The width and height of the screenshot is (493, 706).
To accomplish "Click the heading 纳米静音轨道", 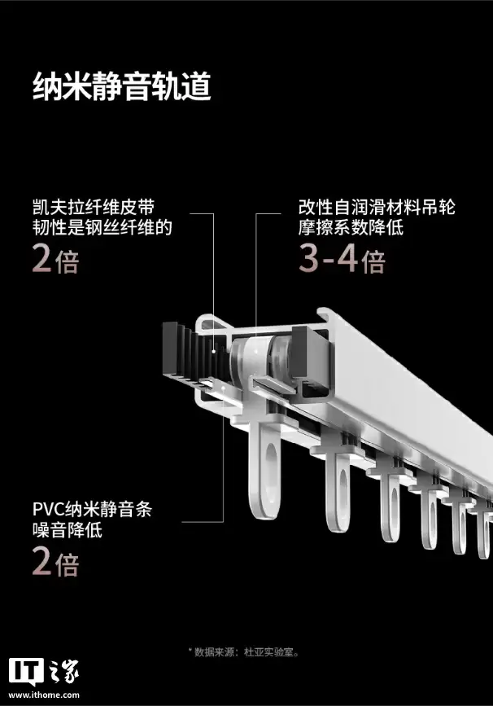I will point(121,87).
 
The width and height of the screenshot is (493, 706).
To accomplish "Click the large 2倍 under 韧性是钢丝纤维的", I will point(55,260).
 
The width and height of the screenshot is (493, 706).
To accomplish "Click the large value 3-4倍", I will point(341,260).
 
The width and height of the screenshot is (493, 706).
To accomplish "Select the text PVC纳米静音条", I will point(92,511).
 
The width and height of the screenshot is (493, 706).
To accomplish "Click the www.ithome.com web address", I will point(44,695).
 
